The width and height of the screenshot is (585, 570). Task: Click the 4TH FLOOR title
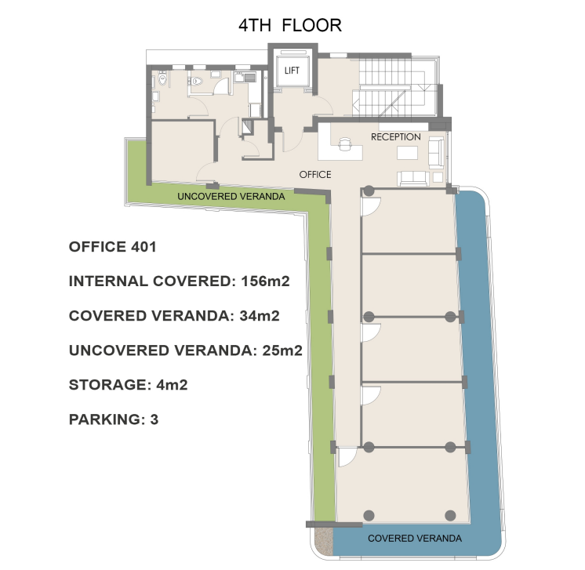pos(290,25)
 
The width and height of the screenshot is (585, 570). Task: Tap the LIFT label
pos(292,71)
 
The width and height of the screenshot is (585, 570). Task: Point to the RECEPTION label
pos(396,137)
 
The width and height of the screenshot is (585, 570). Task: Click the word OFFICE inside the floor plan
pos(315,175)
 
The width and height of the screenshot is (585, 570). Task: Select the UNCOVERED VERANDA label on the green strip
pos(231,197)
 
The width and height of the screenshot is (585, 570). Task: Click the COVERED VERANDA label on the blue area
pos(415,539)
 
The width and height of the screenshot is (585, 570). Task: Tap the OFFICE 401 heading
pos(112,247)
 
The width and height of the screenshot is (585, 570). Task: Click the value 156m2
pos(265,281)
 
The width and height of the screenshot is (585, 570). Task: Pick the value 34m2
pos(260,316)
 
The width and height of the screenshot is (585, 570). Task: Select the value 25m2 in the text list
pos(282,350)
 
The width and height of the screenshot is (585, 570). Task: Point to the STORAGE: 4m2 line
pos(128,385)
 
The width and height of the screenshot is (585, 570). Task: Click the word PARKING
pos(104,419)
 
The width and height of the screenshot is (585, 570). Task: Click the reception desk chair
pos(345,143)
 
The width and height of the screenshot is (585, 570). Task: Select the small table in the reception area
pos(407,153)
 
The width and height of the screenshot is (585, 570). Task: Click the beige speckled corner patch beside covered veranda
pos(323,540)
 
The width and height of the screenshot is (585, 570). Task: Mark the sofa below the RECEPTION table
pos(413,178)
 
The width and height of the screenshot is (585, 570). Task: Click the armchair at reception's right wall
pos(436,152)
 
